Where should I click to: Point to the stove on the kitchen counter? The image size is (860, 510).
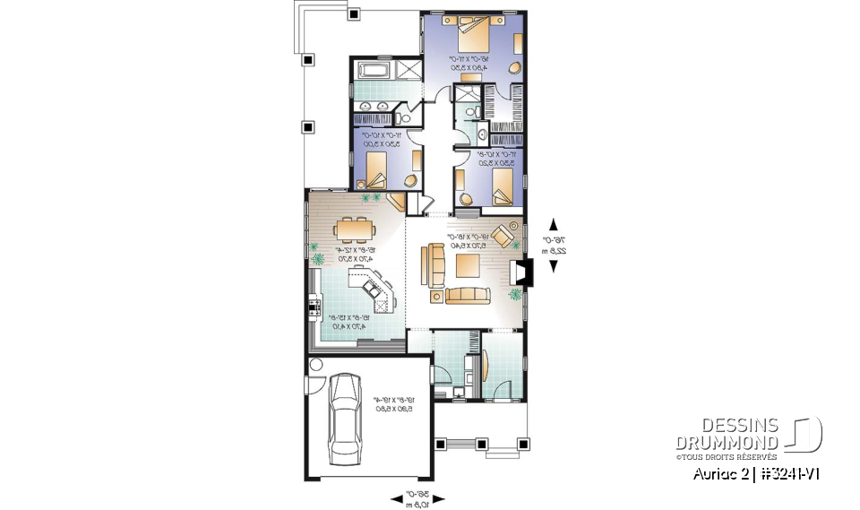coord(314,308)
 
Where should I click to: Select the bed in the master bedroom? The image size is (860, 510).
coord(474,35)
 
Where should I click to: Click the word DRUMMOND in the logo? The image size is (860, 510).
coord(727,442)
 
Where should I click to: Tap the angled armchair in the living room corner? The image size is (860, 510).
coord(503,235)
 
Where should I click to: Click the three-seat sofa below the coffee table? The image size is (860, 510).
coord(468,295)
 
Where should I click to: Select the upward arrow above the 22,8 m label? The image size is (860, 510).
coord(554,224)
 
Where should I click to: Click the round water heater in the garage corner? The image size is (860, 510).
coord(315,365)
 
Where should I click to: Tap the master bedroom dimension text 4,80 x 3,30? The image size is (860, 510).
coord(470,66)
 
